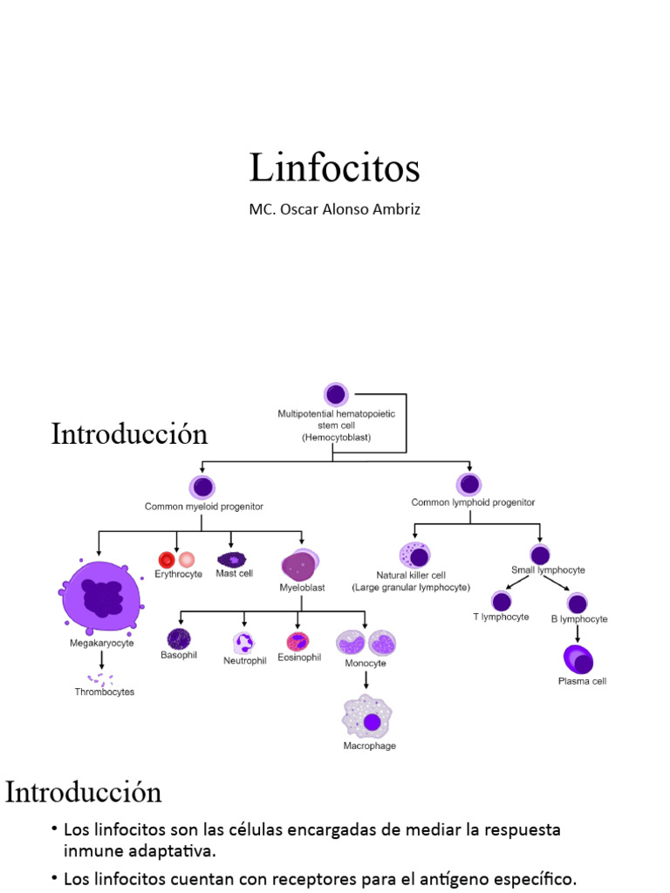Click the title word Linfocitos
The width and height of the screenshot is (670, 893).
click(x=334, y=167)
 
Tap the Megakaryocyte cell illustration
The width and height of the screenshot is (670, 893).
click(x=103, y=596)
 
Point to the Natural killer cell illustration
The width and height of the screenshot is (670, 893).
click(x=414, y=556)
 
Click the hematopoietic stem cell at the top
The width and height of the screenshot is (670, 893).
click(x=336, y=394)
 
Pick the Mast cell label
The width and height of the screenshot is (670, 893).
click(x=235, y=574)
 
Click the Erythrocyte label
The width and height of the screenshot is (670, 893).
click(x=178, y=574)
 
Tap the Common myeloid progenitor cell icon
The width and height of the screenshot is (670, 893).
click(x=202, y=487)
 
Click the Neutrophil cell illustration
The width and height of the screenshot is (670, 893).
click(x=244, y=643)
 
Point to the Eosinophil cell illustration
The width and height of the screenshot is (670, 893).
click(x=298, y=642)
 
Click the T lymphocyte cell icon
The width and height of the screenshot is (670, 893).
click(x=501, y=601)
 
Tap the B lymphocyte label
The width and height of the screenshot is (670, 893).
click(x=578, y=619)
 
